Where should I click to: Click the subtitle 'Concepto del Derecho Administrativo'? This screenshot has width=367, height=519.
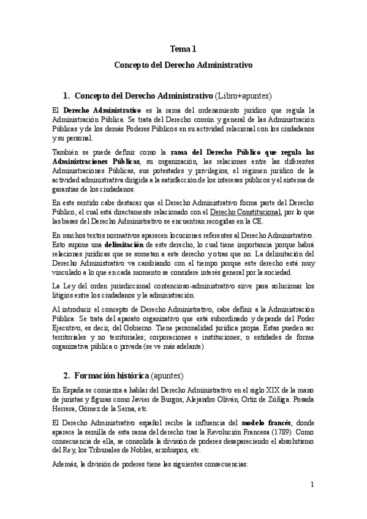point(183,63)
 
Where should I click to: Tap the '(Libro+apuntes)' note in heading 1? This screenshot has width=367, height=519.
point(243,96)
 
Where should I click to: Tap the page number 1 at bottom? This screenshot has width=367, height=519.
point(312,485)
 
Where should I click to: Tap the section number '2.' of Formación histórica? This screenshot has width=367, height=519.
point(67,375)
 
